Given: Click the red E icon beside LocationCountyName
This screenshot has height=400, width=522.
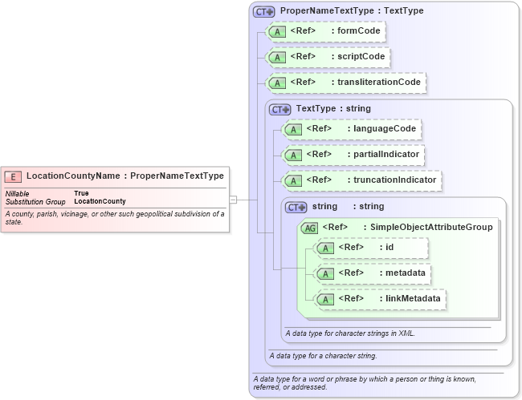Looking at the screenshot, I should pyautogui.click(x=14, y=176).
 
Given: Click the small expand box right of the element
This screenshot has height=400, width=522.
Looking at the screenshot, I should pyautogui.click(x=233, y=199).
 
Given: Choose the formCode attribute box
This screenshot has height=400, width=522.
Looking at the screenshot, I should pyautogui.click(x=325, y=31).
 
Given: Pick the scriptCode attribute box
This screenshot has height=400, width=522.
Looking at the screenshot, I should pyautogui.click(x=328, y=57).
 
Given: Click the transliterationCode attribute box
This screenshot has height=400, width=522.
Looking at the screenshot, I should pyautogui.click(x=345, y=82).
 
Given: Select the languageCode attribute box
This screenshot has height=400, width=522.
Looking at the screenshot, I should pyautogui.click(x=351, y=129).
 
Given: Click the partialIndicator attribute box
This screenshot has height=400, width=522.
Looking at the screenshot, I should pyautogui.click(x=352, y=155).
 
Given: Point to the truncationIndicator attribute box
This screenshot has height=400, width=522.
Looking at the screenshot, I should pyautogui.click(x=361, y=180).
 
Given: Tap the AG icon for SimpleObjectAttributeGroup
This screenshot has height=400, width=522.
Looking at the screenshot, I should pyautogui.click(x=310, y=228).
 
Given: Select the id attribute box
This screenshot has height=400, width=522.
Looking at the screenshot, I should pyautogui.click(x=370, y=248).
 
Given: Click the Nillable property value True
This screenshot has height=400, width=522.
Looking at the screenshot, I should pyautogui.click(x=81, y=193).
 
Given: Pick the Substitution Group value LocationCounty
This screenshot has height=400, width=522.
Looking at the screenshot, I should pyautogui.click(x=100, y=201).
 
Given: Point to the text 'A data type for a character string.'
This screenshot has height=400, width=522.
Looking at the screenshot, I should pyautogui.click(x=323, y=355).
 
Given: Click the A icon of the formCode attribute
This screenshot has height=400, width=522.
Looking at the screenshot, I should pyautogui.click(x=277, y=32).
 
